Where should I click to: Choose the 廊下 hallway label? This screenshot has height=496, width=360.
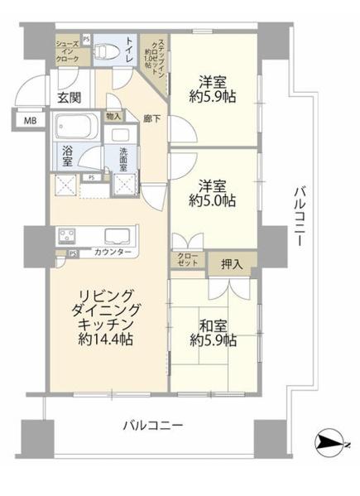coord(151,119)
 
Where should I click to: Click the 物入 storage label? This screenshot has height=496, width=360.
coord(114,116)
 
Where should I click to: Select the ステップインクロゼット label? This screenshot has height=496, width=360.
coord(156,56)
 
